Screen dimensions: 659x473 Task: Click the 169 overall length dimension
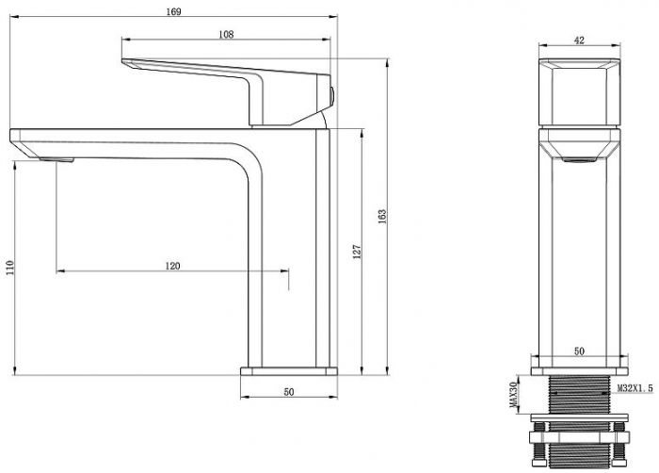[x=173, y=11]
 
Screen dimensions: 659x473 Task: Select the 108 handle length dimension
[x=226, y=35]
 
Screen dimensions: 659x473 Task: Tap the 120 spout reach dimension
[x=172, y=266]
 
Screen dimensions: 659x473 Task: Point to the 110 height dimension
[x=9, y=268]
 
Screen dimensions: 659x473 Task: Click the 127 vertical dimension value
[x=357, y=252]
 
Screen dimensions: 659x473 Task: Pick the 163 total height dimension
[x=382, y=217]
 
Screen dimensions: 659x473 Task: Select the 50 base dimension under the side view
[x=289, y=392]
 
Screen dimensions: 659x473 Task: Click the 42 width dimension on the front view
[x=579, y=41]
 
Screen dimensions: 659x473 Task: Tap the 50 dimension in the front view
[x=579, y=351]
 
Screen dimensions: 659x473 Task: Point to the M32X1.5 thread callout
[x=635, y=388]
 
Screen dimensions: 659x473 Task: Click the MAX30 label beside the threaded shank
[x=513, y=394]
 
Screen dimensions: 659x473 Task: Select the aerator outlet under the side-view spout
[x=56, y=159]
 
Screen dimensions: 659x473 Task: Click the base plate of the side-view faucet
[x=289, y=371]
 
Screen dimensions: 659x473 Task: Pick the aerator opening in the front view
[x=580, y=159]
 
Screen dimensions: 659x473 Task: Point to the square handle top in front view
[x=579, y=92]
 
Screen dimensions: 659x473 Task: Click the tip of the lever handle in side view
[x=122, y=61]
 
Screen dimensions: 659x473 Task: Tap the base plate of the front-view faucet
[x=579, y=371]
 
